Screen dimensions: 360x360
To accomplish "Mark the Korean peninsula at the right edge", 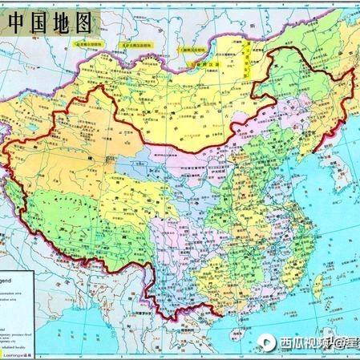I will (346, 172).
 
